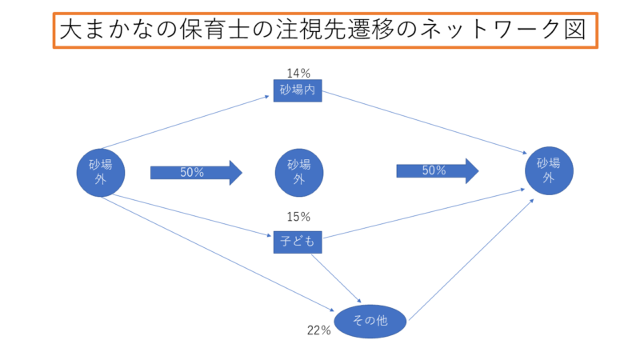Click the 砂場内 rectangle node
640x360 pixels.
coord(298,90)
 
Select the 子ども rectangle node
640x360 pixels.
coord(298,241)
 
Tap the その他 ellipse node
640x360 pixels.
coord(370,322)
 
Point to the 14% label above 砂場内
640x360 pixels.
coord(298,73)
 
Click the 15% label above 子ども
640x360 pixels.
coord(298,217)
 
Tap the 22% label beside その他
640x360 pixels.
coord(318,330)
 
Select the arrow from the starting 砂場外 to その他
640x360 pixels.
coord(216,253)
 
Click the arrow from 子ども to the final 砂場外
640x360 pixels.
coord(424,214)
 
